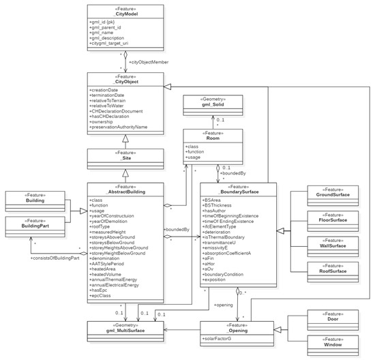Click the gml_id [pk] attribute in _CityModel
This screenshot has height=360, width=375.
point(103,22)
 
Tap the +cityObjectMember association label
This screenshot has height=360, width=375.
point(147,63)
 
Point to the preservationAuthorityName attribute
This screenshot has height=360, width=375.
point(118,126)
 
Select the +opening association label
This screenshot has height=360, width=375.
point(224,305)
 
